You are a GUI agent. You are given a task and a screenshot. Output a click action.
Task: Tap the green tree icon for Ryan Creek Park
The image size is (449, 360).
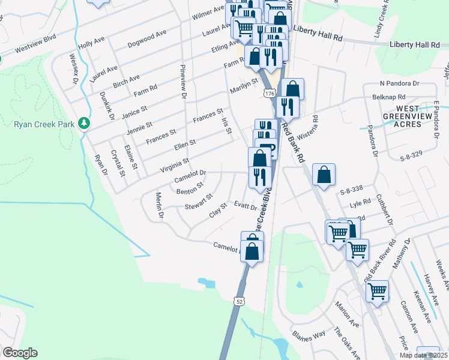tap(85, 124)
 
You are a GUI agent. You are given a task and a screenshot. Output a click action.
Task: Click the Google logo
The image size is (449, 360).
tap(20, 353)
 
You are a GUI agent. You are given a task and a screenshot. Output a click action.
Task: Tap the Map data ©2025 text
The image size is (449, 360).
tap(424, 355)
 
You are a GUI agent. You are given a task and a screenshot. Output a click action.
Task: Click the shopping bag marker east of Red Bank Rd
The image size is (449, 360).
tap(324, 175)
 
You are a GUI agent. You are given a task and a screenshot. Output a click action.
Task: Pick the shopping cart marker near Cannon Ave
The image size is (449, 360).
tap(377, 292)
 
